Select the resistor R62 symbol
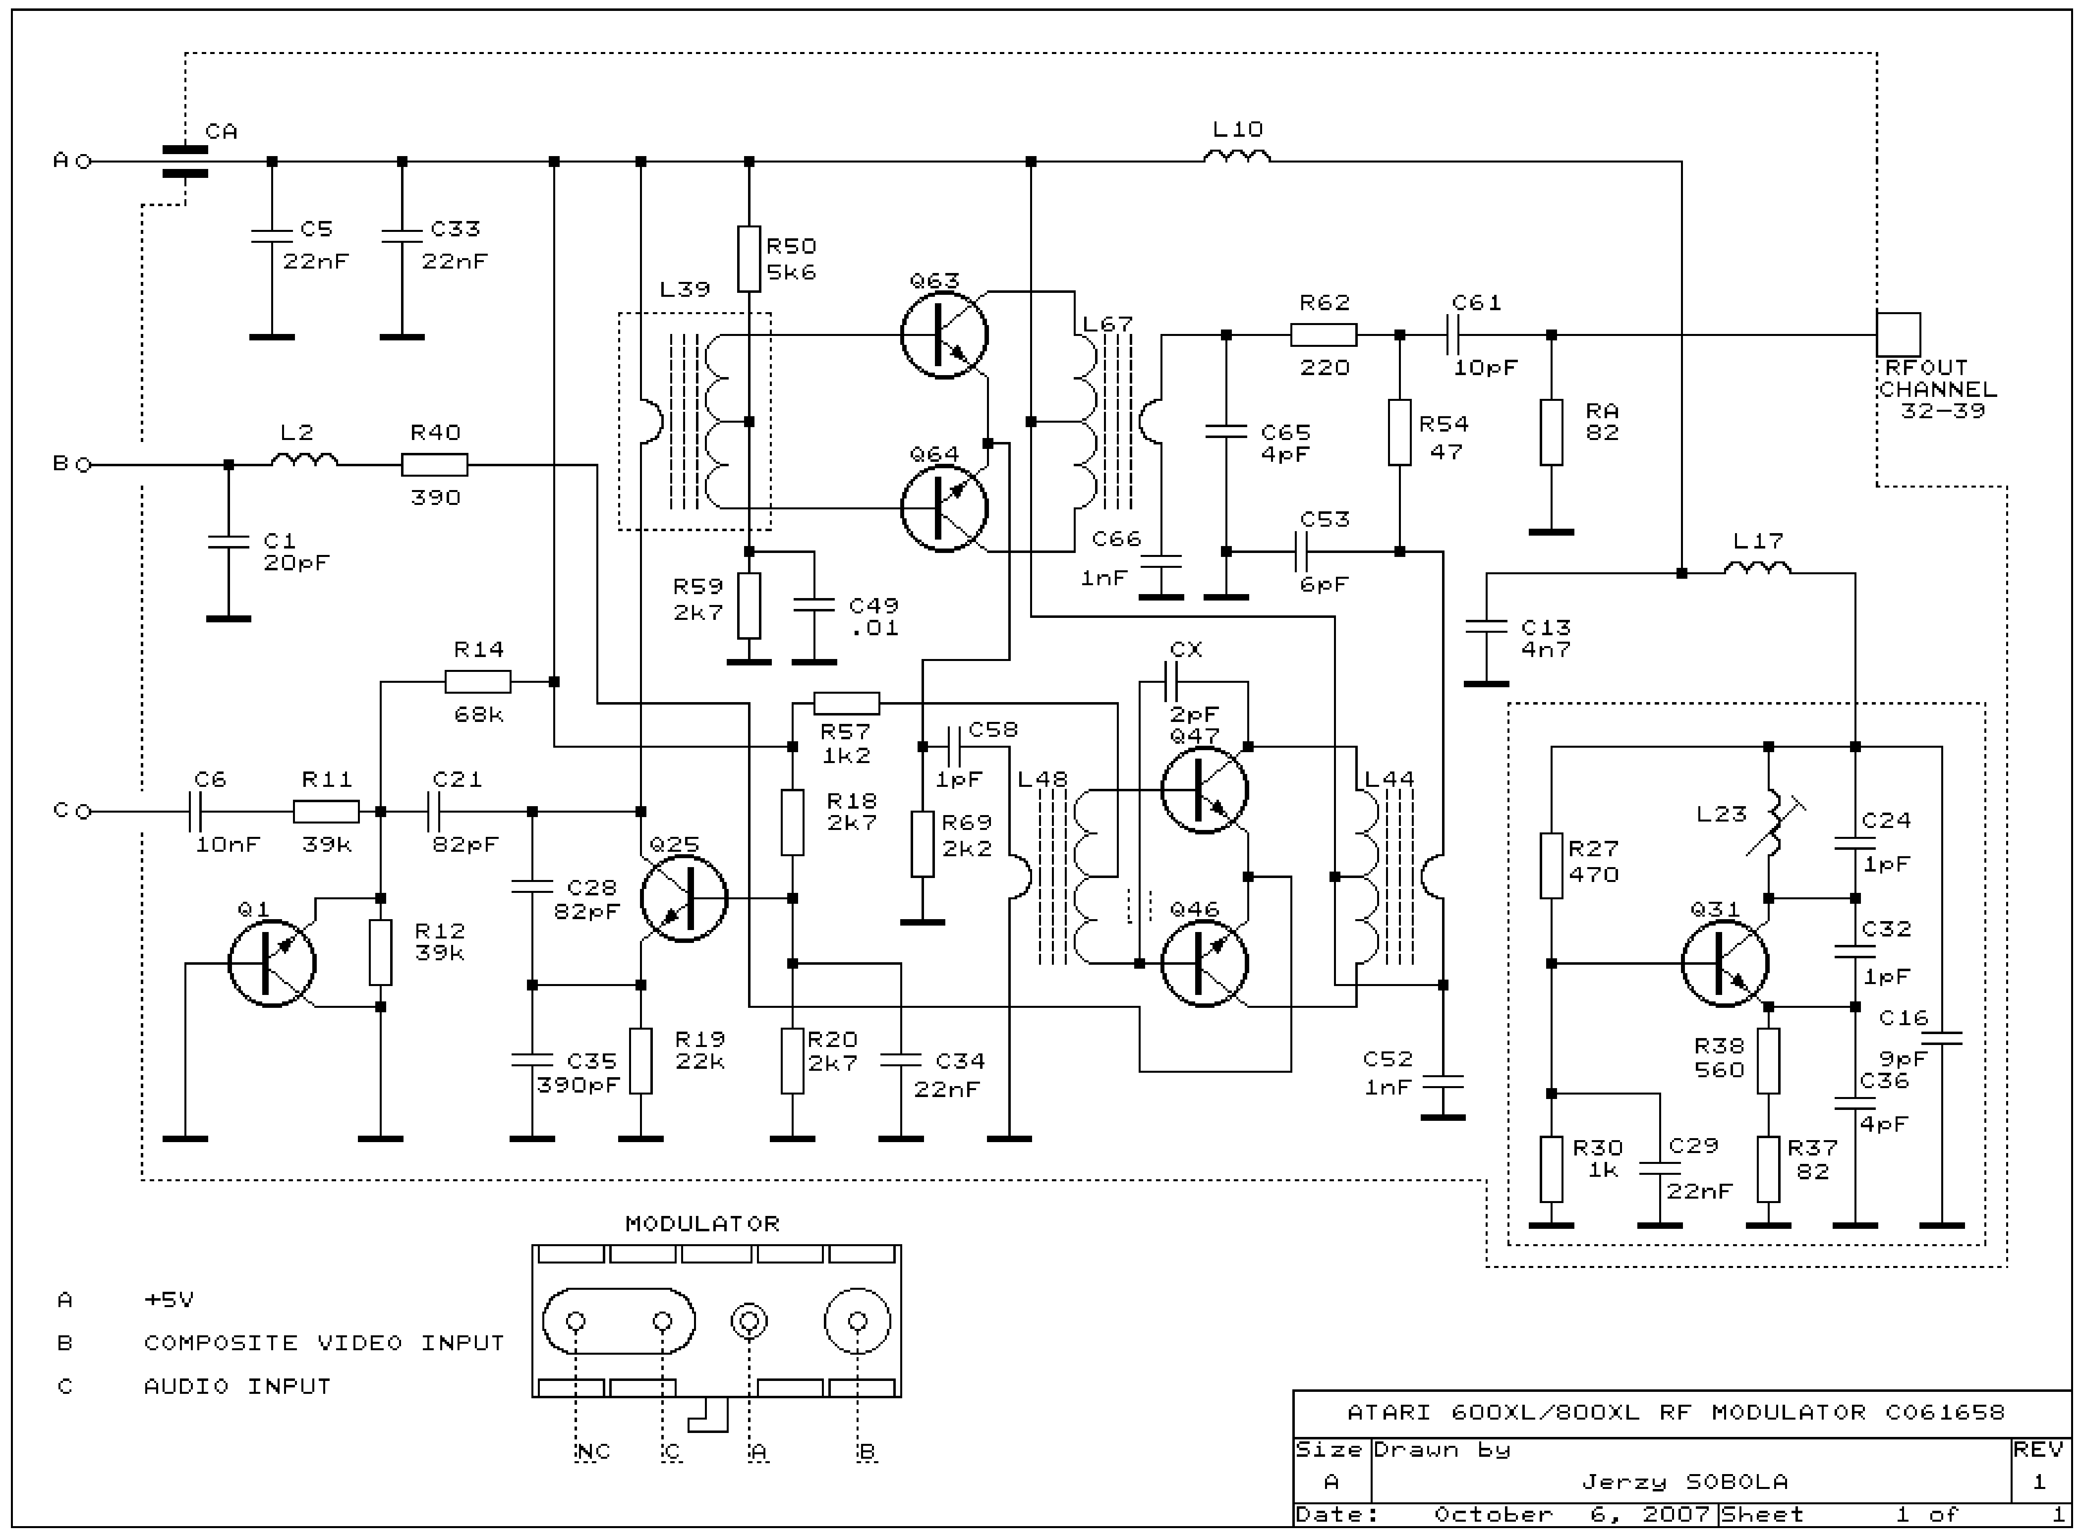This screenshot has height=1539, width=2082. pos(1324,334)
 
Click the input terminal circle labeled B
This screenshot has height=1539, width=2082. pos(83,464)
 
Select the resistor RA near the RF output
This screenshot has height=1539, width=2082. pos(1551,432)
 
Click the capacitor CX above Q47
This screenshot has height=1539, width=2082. pos(1171,683)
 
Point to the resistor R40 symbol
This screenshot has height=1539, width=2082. pos(434,464)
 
